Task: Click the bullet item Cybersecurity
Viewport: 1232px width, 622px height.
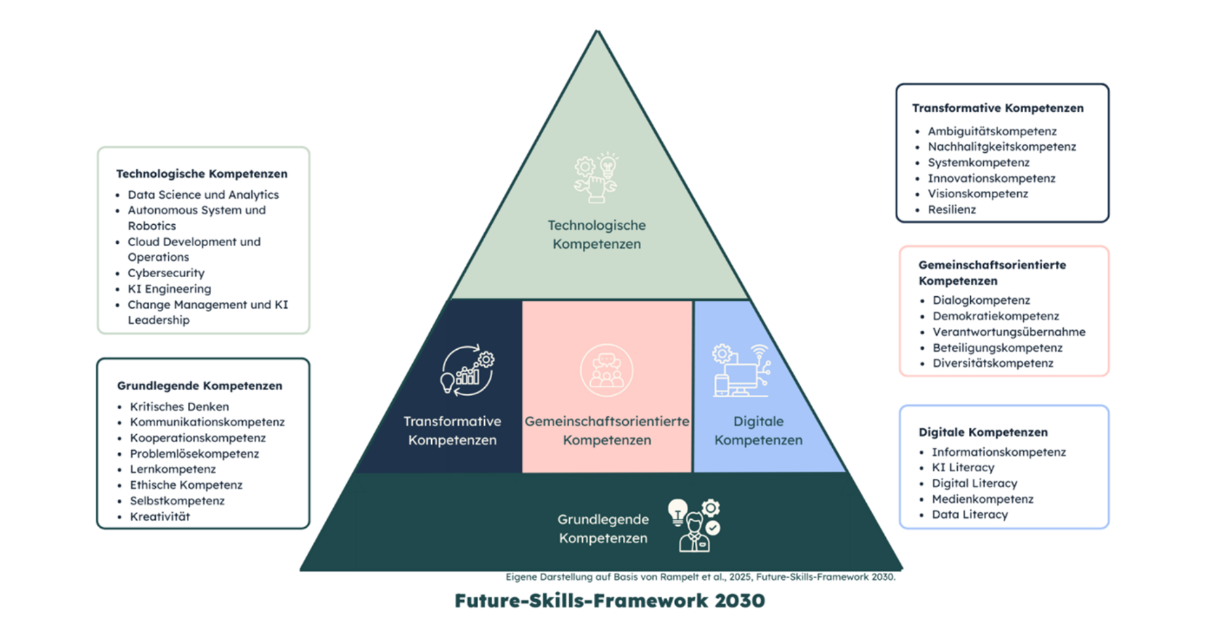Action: click(x=166, y=273)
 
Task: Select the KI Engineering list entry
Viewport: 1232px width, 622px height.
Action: click(x=169, y=289)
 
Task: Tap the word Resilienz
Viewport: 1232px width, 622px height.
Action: click(x=952, y=209)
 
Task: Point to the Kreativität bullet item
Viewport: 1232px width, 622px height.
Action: click(x=160, y=517)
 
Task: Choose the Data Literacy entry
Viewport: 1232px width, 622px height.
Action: click(x=970, y=515)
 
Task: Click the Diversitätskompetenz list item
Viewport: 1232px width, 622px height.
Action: click(x=992, y=363)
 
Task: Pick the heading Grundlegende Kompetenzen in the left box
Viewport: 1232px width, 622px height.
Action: click(x=200, y=386)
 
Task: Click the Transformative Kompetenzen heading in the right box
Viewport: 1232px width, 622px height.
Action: click(x=997, y=108)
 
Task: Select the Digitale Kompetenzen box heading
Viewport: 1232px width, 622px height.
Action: click(x=983, y=432)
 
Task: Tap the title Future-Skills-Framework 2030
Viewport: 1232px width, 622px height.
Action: click(x=609, y=600)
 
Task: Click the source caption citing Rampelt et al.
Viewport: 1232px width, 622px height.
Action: click(x=700, y=577)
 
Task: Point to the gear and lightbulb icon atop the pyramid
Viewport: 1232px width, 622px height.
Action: click(x=596, y=177)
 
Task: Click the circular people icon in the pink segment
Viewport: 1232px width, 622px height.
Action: click(x=606, y=371)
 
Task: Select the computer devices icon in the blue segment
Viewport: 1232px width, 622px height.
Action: click(x=741, y=371)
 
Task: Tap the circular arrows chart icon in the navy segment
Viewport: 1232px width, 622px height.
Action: click(x=467, y=371)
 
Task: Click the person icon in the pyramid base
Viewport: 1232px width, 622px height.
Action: click(x=694, y=526)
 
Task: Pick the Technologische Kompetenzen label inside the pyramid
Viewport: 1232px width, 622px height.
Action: click(x=596, y=235)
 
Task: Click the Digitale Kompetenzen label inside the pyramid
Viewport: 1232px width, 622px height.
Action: click(x=758, y=430)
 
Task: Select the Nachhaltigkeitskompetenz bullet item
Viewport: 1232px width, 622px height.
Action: click(x=1002, y=147)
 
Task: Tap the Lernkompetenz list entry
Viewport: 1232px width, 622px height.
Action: click(x=172, y=469)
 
